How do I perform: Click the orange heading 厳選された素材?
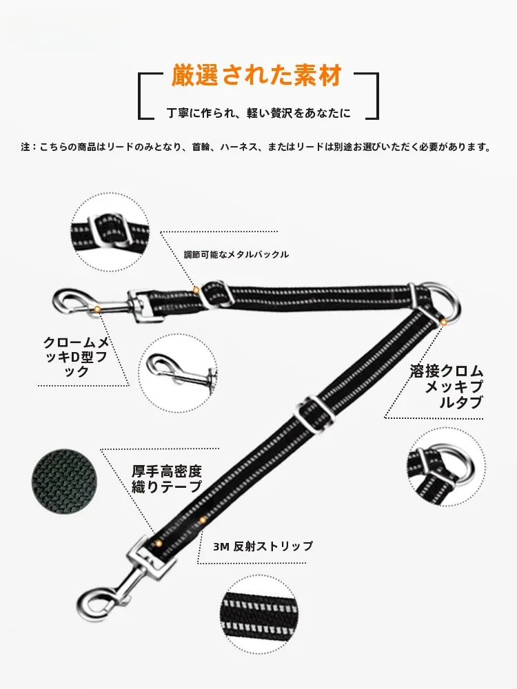(x=256, y=75)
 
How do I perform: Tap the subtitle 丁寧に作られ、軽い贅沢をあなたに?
(x=258, y=113)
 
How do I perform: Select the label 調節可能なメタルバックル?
(x=236, y=254)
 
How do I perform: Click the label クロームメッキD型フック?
(x=76, y=357)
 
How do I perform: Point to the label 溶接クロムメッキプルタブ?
(x=447, y=387)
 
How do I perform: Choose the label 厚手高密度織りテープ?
(x=167, y=479)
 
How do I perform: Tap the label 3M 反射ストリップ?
(x=263, y=546)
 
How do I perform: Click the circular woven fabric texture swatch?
(x=65, y=482)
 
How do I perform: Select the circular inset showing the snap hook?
(x=178, y=373)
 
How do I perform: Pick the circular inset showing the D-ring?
(x=446, y=467)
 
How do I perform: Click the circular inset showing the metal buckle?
(x=110, y=232)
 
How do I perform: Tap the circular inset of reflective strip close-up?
(x=259, y=614)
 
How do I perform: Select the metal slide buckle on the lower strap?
(x=314, y=413)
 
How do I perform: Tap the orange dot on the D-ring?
(x=443, y=322)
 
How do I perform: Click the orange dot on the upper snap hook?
(x=97, y=310)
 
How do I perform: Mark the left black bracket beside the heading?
(x=146, y=96)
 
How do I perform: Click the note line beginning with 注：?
(x=256, y=147)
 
